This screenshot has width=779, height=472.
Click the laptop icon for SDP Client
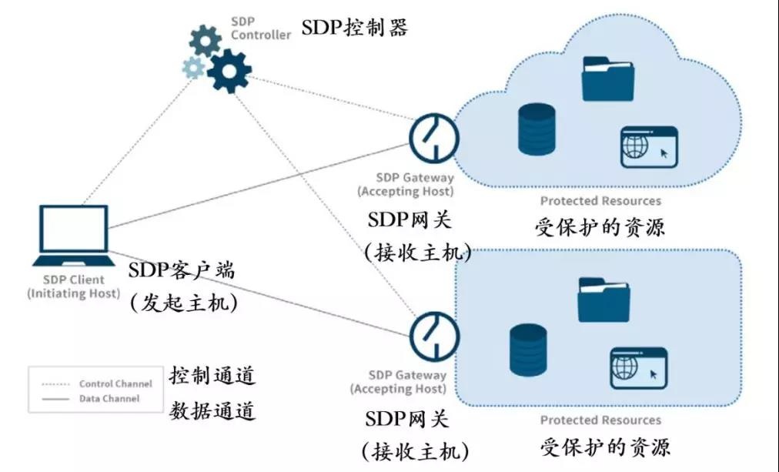pyautogui.click(x=73, y=230)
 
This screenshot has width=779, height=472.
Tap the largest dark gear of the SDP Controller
pyautogui.click(x=229, y=71)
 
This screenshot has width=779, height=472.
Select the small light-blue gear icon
pyautogui.click(x=193, y=68)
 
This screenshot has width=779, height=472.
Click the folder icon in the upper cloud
pyautogui.click(x=607, y=79)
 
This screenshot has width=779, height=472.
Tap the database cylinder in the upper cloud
pyautogui.click(x=537, y=128)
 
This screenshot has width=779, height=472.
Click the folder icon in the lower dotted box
pyautogui.click(x=603, y=300)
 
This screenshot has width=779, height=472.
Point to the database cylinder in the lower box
pyautogui.click(x=528, y=350)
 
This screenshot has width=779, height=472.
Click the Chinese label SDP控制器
pyautogui.click(x=354, y=29)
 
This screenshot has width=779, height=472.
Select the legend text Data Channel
pyautogui.click(x=109, y=399)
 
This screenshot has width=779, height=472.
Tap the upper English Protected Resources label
pyautogui.click(x=600, y=201)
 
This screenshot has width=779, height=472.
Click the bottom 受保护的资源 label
pyautogui.click(x=603, y=447)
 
